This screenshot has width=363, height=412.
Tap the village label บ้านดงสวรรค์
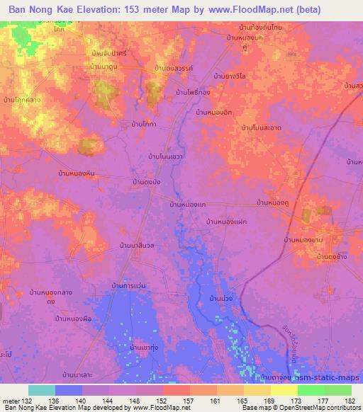[172, 68]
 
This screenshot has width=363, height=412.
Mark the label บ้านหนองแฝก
[225, 222]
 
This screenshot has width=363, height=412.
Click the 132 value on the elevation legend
[29, 401]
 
